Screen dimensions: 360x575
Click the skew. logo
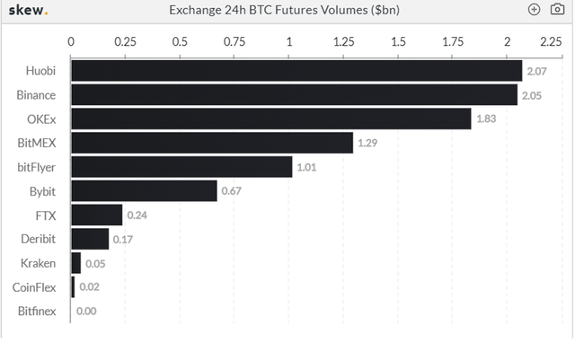(x=30, y=10)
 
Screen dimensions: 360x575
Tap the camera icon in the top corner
(x=556, y=10)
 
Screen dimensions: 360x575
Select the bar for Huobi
(x=296, y=71)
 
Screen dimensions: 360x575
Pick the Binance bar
(x=294, y=94)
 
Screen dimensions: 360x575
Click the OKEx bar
(x=270, y=119)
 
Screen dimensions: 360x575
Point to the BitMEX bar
(x=211, y=143)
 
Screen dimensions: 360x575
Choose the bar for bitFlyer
(x=181, y=167)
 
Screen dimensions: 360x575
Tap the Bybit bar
(x=144, y=191)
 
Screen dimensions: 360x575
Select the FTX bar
(x=96, y=215)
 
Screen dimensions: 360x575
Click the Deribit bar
(x=89, y=239)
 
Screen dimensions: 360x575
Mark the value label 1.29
(x=368, y=143)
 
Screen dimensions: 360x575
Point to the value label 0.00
(x=86, y=312)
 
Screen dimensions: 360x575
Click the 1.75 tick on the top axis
(x=453, y=41)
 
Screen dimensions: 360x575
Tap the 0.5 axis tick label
(x=180, y=41)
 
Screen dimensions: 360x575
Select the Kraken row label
(x=39, y=263)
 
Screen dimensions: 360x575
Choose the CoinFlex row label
(x=35, y=287)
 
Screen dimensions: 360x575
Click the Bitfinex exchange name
(x=37, y=312)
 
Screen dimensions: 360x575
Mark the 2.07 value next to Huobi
(x=537, y=71)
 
